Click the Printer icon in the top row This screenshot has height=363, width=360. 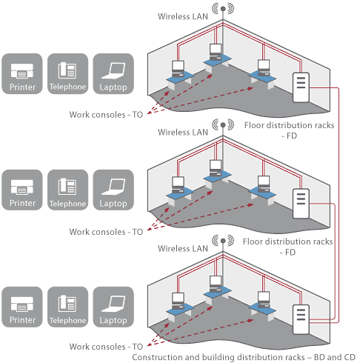click(x=22, y=73)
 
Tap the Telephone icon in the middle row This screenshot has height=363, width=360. click(x=67, y=190)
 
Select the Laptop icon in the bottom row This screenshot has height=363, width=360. click(x=113, y=307)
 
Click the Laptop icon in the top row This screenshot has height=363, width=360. click(x=113, y=73)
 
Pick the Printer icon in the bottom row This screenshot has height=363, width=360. click(x=22, y=307)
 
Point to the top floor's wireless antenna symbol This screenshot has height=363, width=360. click(x=223, y=9)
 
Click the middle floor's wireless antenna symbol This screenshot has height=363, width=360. click(x=223, y=125)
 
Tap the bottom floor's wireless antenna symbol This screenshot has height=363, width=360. click(x=223, y=241)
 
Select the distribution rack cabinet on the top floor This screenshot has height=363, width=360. click(x=301, y=87)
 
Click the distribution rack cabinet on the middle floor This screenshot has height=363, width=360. click(x=301, y=204)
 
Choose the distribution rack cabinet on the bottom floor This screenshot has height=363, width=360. click(x=301, y=319)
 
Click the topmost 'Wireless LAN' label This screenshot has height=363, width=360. click(x=183, y=16)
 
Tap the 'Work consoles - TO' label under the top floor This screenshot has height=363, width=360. click(x=106, y=115)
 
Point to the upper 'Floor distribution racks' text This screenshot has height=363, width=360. click(x=289, y=125)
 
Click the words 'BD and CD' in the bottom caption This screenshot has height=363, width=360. click(x=335, y=357)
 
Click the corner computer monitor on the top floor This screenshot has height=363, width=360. click(x=216, y=50)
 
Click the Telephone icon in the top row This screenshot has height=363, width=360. click(x=67, y=73)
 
